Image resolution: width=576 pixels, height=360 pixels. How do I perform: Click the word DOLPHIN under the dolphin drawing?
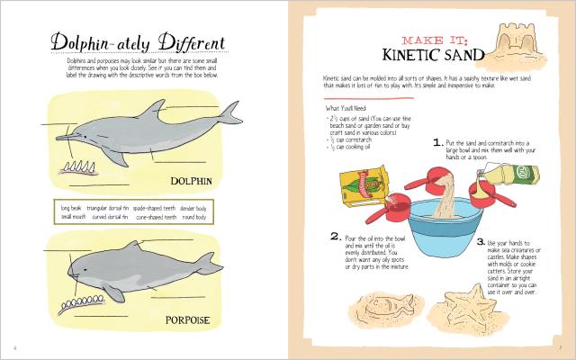(190, 180)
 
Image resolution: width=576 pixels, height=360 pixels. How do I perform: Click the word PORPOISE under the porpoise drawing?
(189, 319)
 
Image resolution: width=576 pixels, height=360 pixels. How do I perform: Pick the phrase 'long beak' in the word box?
(71, 208)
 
